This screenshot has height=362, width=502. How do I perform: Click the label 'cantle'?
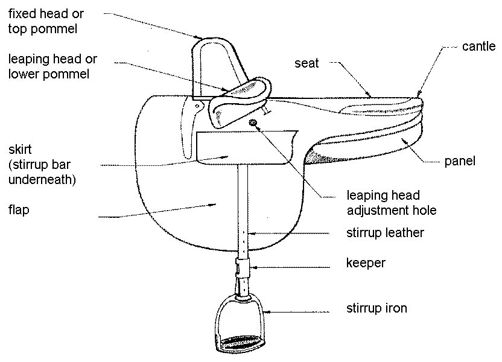click(x=478, y=46)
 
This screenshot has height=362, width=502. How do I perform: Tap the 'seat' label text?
click(x=307, y=63)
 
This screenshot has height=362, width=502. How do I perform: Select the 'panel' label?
click(x=460, y=161)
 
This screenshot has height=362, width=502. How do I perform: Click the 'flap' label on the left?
click(x=19, y=211)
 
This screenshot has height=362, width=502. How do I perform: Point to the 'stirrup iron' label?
click(x=376, y=309)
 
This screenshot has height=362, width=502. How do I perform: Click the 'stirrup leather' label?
click(x=385, y=232)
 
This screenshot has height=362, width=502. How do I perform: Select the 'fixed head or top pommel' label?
click(x=46, y=21)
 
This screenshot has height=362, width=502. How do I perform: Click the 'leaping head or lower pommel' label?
click(x=52, y=67)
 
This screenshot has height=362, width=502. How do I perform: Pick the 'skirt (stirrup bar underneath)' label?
click(x=42, y=164)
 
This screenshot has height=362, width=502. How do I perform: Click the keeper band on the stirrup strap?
click(x=243, y=265)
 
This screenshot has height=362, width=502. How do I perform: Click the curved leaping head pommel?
click(x=241, y=103)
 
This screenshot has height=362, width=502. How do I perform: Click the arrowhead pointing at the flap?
click(x=214, y=205)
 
